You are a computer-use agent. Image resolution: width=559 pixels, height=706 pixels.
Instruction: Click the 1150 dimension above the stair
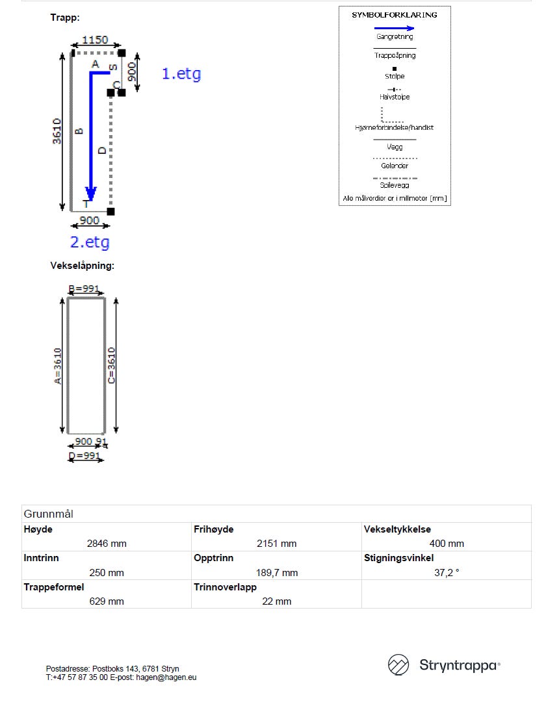tap(95, 40)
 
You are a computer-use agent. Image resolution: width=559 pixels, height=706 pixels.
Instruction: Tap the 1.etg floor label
tap(181, 74)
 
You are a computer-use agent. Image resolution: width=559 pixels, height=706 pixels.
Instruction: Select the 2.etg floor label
tap(90, 243)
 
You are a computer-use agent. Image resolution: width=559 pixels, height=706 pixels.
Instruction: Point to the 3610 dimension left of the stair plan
tap(57, 131)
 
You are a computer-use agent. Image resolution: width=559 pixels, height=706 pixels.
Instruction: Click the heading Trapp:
tap(65, 18)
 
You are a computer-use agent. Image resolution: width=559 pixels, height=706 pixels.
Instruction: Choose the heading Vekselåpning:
tap(82, 266)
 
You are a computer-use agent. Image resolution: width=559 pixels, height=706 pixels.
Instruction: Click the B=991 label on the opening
tap(86, 289)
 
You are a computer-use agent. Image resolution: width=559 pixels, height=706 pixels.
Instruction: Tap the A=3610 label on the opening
tap(58, 366)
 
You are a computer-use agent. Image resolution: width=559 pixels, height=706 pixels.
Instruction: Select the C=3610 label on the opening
tap(112, 366)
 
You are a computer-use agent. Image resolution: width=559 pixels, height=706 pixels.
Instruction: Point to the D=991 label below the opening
tap(84, 456)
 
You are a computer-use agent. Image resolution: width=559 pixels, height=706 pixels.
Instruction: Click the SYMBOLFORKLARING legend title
tap(395, 15)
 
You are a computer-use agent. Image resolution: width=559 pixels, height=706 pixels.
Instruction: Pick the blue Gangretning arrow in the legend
tap(395, 29)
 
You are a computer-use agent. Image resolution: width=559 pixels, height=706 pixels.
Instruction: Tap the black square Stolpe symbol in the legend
tap(395, 68)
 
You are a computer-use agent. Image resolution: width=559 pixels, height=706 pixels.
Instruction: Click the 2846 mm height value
tap(107, 544)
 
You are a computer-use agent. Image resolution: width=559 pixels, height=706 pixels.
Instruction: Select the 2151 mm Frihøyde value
tap(276, 544)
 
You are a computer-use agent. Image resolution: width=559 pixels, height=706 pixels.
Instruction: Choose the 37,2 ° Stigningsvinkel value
tap(447, 573)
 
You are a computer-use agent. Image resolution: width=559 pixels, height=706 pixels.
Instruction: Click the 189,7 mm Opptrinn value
tap(276, 573)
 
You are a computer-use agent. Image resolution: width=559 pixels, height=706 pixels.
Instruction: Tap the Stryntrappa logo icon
tap(398, 665)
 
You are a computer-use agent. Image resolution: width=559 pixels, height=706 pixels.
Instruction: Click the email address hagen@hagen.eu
tap(166, 677)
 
